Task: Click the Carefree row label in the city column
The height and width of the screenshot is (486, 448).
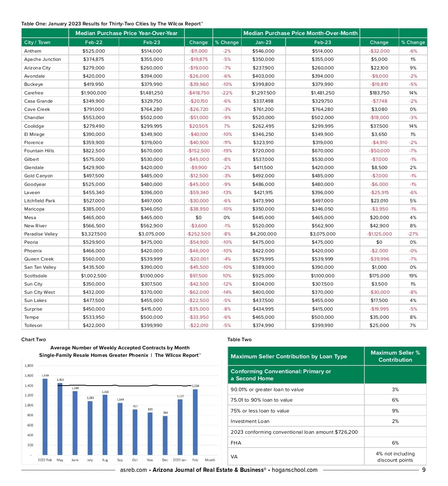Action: (x=34, y=93)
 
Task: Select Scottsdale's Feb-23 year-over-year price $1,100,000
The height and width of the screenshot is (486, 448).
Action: (x=152, y=276)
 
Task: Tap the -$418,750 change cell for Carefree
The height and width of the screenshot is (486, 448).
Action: (x=199, y=93)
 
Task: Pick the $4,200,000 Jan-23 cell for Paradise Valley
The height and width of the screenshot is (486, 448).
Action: (x=263, y=234)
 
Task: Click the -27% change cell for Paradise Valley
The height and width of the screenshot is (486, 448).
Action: (x=413, y=234)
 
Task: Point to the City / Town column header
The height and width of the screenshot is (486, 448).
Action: (x=37, y=43)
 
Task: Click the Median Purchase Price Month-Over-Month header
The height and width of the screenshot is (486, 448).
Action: (x=301, y=33)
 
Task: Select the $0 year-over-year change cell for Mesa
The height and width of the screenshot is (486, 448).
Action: (x=199, y=218)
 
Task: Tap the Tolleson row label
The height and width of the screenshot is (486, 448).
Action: (x=33, y=325)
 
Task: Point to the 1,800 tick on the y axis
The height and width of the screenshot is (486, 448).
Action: (x=29, y=366)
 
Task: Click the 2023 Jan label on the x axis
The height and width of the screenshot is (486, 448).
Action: (x=180, y=460)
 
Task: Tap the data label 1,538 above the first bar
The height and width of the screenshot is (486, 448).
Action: (x=45, y=376)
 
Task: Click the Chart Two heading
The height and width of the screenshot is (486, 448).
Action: (x=34, y=340)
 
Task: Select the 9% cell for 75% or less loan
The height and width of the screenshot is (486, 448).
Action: (x=395, y=411)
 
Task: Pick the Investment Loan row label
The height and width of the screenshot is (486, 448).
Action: (x=250, y=421)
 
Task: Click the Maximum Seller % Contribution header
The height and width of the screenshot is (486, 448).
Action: (x=395, y=356)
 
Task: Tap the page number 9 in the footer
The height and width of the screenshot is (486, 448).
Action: (x=424, y=470)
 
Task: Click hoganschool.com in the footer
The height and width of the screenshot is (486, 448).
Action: (x=295, y=470)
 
